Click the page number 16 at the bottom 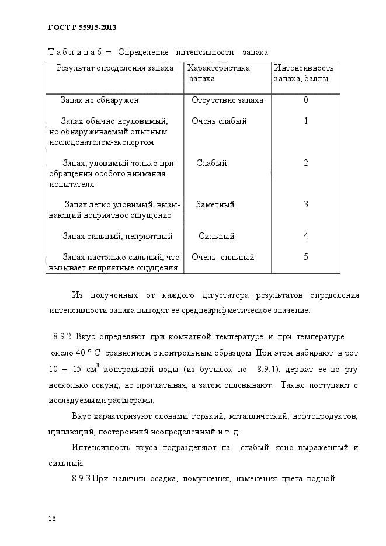pyautogui.click(x=52, y=519)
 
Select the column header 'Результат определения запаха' pyautogui.click(x=115, y=68)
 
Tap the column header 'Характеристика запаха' pyautogui.click(x=220, y=73)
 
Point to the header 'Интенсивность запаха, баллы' pyautogui.click(x=304, y=73)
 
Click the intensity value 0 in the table pyautogui.click(x=305, y=100)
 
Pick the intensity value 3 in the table pyautogui.click(x=305, y=204)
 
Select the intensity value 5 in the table pyautogui.click(x=305, y=257)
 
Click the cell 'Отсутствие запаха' pyautogui.click(x=227, y=100)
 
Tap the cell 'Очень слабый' pyautogui.click(x=219, y=121)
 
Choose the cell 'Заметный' pyautogui.click(x=215, y=204)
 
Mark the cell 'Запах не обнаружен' pyautogui.click(x=99, y=100)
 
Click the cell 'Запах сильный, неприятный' pyautogui.click(x=117, y=236)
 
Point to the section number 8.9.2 pyautogui.click(x=61, y=338)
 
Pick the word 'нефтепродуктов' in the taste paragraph pyautogui.click(x=326, y=418)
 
